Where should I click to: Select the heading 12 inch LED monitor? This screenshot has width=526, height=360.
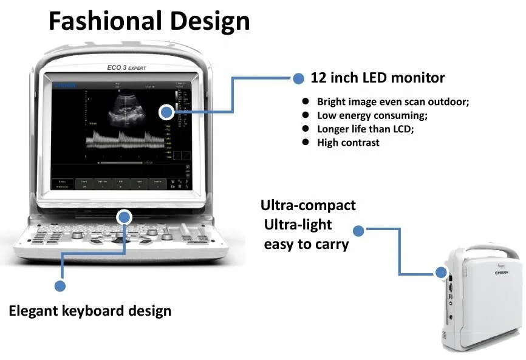tap(377, 78)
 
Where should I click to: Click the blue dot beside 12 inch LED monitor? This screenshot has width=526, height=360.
tap(298, 78)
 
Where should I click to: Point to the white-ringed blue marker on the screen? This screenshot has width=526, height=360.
tap(166, 112)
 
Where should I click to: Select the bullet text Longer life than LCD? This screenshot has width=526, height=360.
tap(365, 129)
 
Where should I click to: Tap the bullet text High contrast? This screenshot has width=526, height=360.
tap(348, 143)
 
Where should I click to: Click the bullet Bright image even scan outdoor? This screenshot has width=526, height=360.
tap(393, 102)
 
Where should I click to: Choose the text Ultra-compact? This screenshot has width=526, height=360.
tap(308, 205)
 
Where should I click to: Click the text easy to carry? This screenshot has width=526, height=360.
tap(306, 245)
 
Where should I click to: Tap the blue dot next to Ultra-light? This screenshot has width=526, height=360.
tap(358, 231)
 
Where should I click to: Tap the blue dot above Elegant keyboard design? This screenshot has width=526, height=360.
tap(60, 285)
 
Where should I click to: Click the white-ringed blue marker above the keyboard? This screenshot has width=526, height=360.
tap(125, 217)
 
